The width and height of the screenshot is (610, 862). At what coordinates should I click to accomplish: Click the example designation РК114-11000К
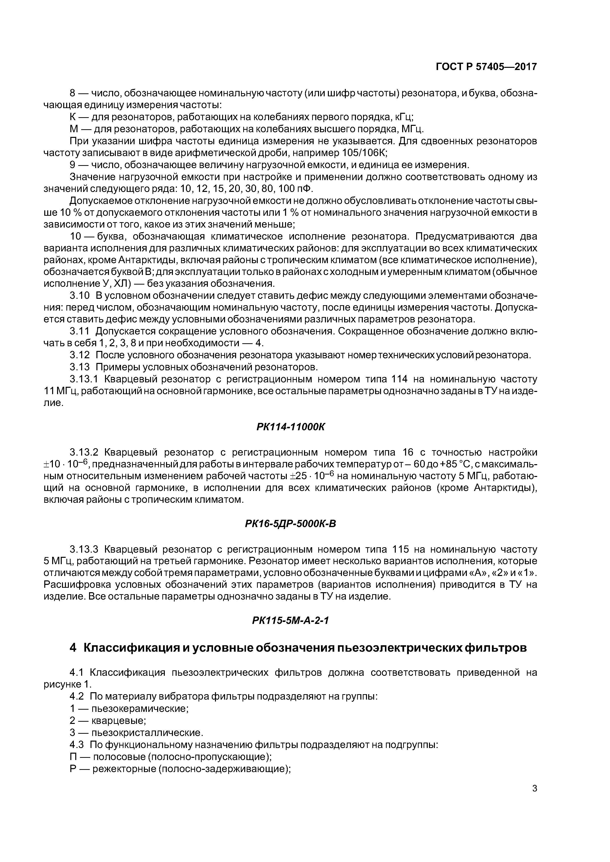290,427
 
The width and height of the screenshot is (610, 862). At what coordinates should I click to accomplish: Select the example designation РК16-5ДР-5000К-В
290,524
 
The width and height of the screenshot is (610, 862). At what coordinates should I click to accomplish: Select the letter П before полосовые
73,756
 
